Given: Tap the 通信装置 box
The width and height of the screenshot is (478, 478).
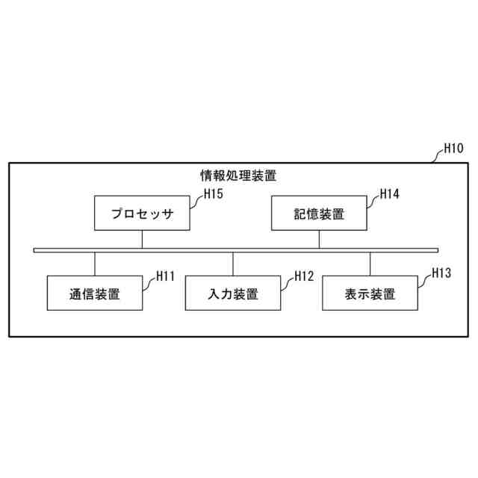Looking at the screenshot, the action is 95,294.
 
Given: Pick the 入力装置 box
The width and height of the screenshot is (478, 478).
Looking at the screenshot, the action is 233,294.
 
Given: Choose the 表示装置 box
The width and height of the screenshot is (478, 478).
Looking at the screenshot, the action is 370,294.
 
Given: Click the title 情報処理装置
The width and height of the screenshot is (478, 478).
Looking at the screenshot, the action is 238,176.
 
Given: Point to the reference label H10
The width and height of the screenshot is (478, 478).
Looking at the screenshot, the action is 453,148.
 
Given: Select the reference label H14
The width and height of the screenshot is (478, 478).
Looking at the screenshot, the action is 390,194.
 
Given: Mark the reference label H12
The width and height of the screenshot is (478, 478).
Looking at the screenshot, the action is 303,276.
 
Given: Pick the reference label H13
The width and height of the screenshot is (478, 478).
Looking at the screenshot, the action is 441,273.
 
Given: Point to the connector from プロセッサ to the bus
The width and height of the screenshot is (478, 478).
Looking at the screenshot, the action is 142,239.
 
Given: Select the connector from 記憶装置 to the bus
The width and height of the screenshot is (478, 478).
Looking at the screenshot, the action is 319,239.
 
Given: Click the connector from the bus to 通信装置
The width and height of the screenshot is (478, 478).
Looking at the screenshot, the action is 95,264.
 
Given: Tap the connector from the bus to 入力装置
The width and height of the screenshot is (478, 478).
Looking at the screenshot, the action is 233,264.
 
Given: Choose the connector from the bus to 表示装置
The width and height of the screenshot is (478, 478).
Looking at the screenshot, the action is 370,264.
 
